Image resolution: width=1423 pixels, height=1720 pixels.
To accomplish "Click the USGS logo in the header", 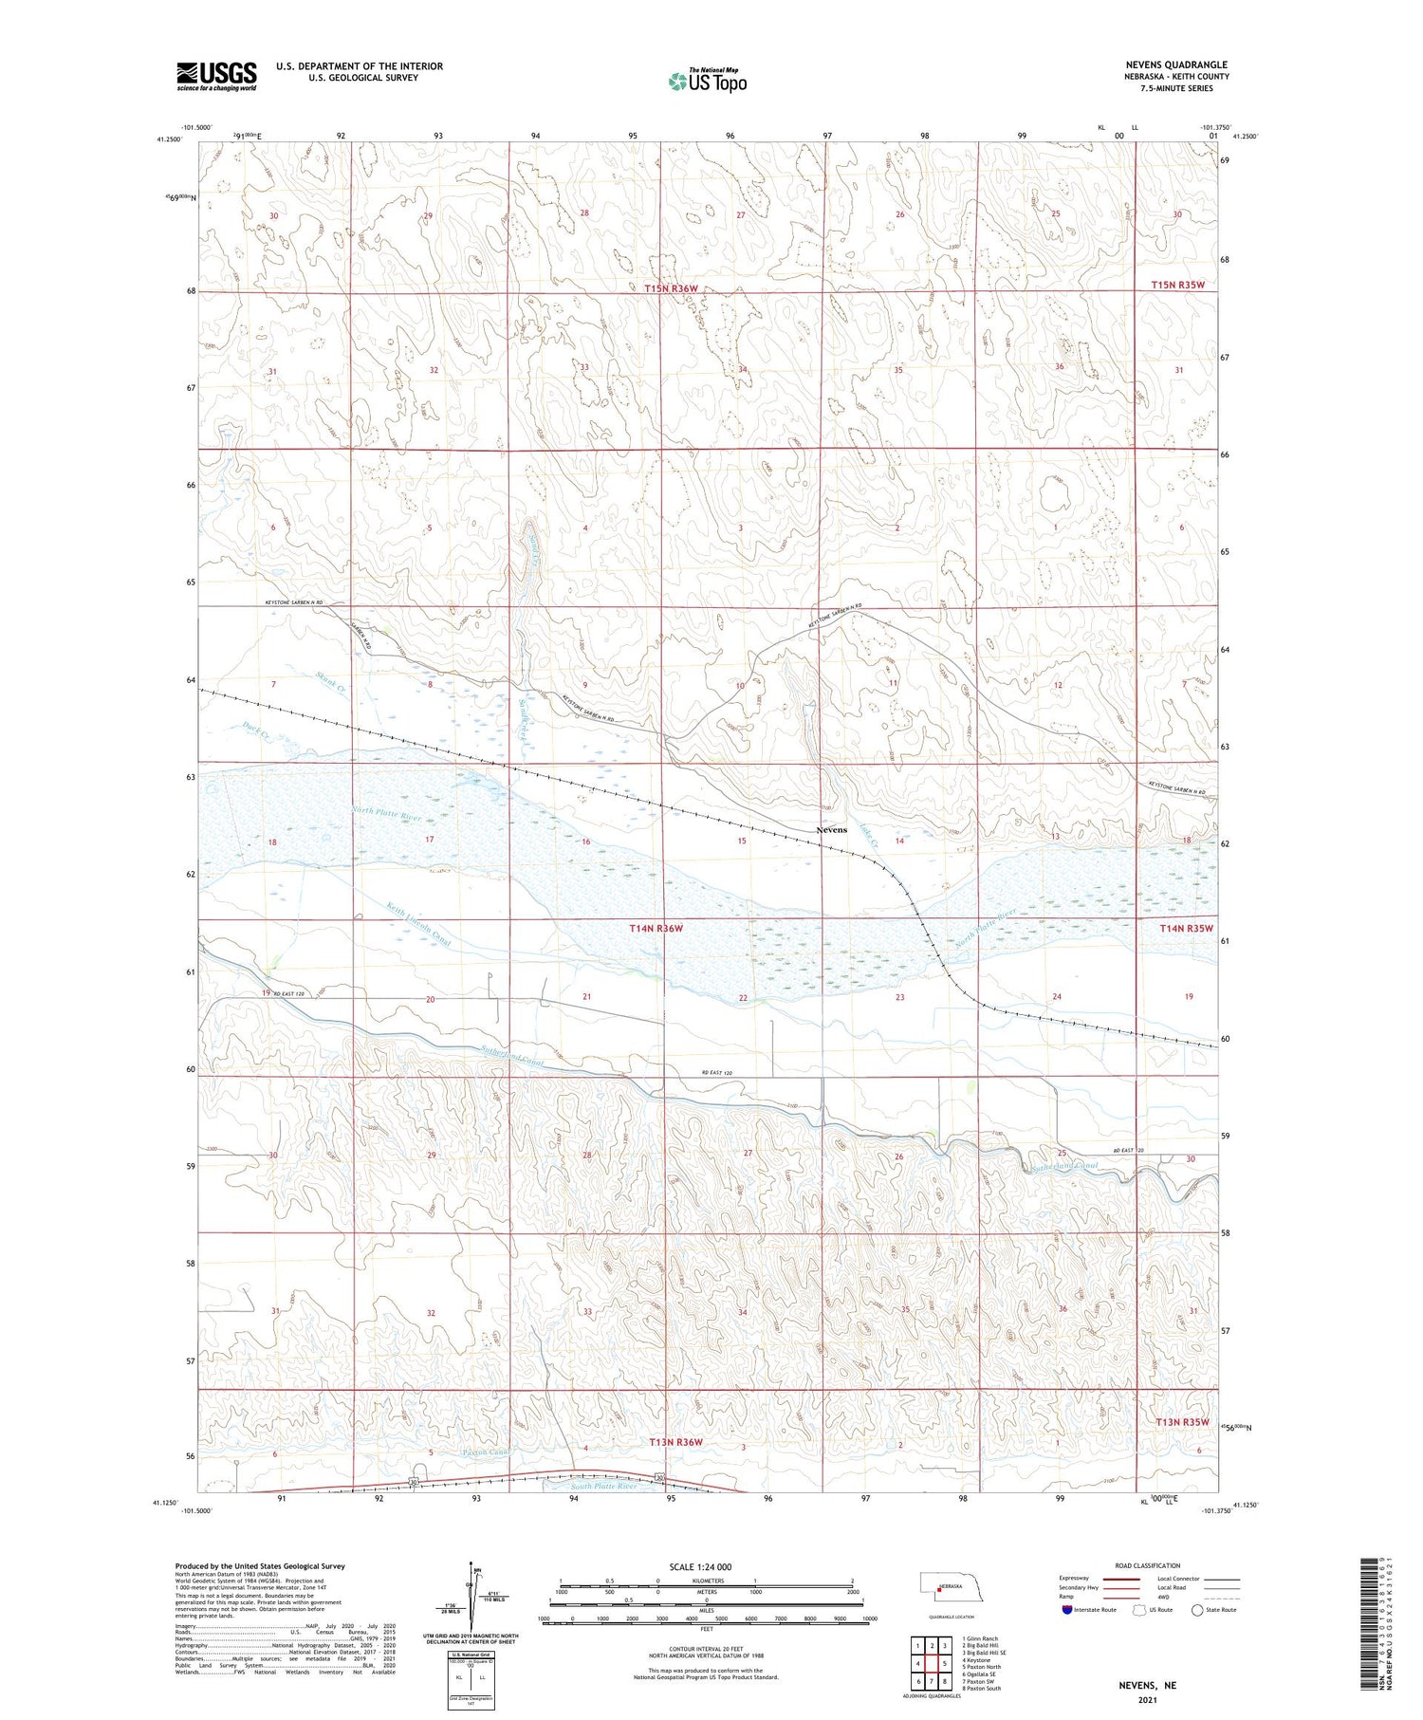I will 216,76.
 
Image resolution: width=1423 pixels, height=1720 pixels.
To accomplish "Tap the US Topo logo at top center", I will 708,82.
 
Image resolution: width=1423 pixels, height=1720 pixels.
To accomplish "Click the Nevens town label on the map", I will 831,830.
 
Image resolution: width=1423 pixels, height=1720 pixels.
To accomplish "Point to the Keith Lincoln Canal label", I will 417,923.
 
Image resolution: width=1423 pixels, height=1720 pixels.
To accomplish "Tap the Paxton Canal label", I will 486,1452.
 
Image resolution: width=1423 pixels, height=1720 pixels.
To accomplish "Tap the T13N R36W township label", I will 675,1442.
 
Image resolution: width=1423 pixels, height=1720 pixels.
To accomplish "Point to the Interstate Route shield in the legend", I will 1066,1609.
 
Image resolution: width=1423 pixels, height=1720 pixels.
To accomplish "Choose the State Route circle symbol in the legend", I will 1197,1609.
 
